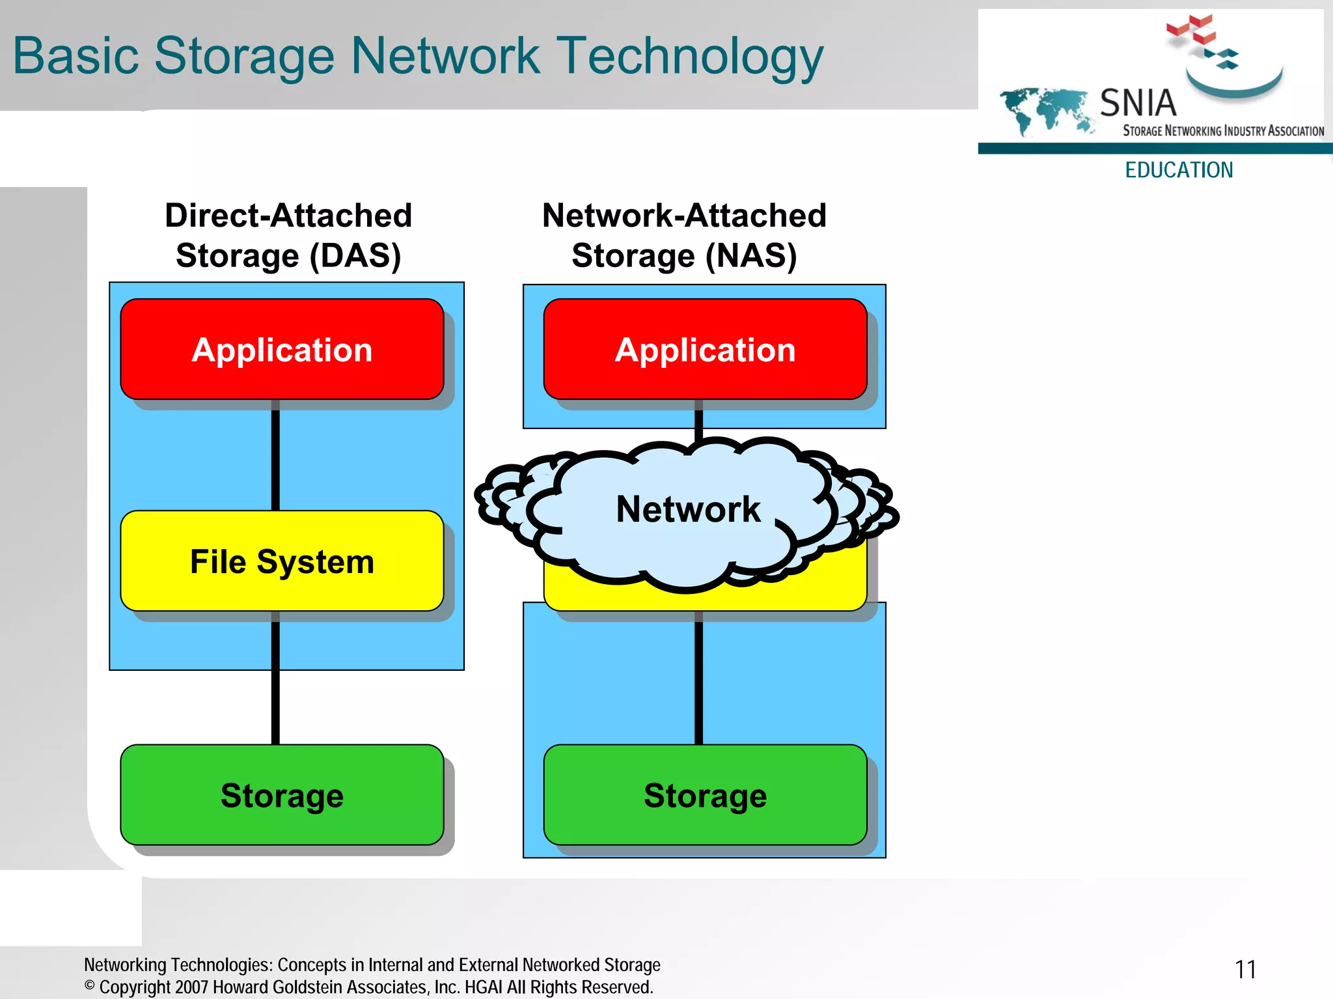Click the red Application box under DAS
(282, 350)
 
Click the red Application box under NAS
(705, 350)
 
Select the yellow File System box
(282, 561)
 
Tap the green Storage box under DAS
(282, 795)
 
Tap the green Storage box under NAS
(705, 795)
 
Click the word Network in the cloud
(688, 509)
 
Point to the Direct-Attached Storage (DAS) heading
(288, 235)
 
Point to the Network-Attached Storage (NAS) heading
(684, 235)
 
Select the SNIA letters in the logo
(1138, 103)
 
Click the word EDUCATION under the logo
(1179, 170)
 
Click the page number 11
(1245, 970)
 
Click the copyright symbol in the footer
(90, 985)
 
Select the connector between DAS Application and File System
(275, 456)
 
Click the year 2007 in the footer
(192, 987)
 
